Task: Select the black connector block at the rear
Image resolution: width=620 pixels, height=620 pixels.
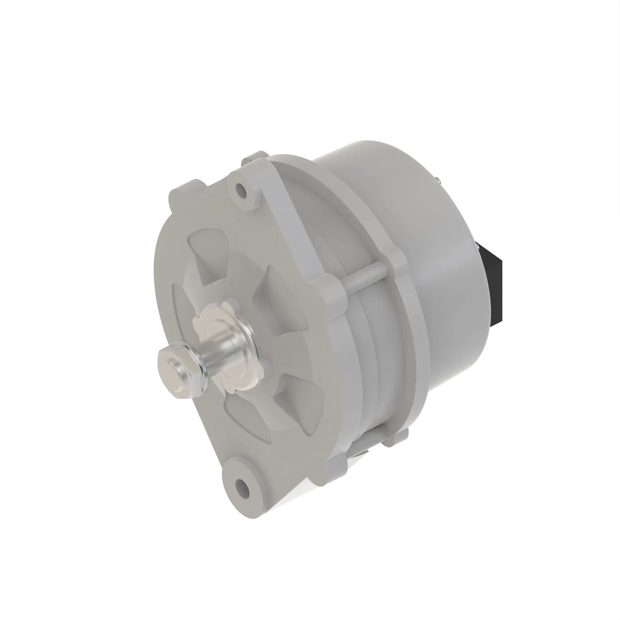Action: click(492, 282)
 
